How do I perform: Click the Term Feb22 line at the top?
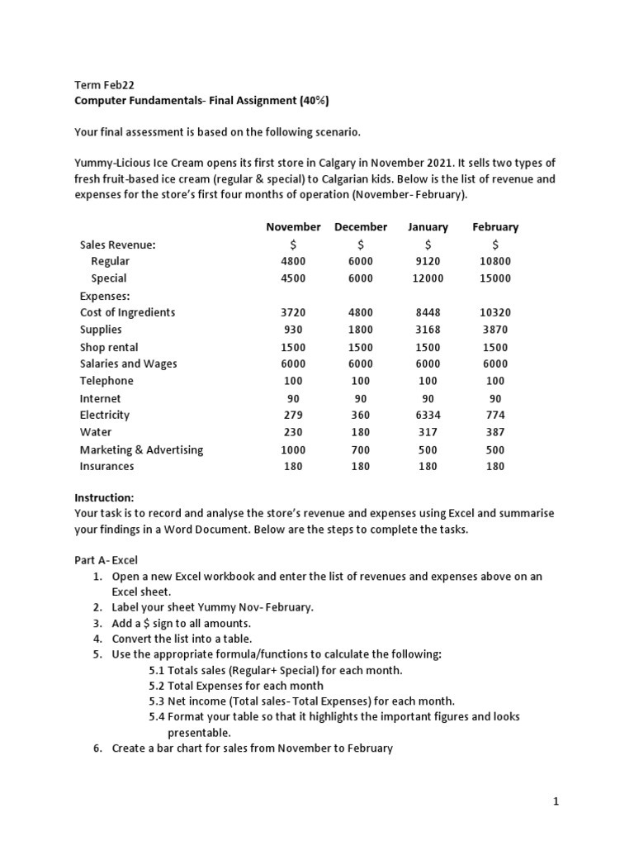pyautogui.click(x=104, y=85)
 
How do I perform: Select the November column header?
pyautogui.click(x=293, y=226)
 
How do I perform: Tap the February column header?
pyautogui.click(x=495, y=226)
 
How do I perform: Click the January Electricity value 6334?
pyautogui.click(x=428, y=415)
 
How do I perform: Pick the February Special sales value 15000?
pyautogui.click(x=495, y=278)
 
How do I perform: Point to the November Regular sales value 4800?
pyautogui.click(x=293, y=261)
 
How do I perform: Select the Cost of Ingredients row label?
pyautogui.click(x=127, y=312)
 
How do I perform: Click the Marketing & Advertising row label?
pyautogui.click(x=141, y=449)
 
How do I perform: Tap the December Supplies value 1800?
pyautogui.click(x=361, y=330)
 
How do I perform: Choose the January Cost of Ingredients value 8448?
pyautogui.click(x=428, y=312)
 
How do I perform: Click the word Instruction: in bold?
pyautogui.click(x=104, y=497)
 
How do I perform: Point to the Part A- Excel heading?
pyautogui.click(x=106, y=559)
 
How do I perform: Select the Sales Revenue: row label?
pyautogui.click(x=117, y=245)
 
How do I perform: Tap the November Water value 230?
pyautogui.click(x=293, y=432)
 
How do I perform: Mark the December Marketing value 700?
pyautogui.click(x=361, y=449)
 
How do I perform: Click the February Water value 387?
pyautogui.click(x=495, y=432)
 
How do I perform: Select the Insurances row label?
pyautogui.click(x=106, y=466)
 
